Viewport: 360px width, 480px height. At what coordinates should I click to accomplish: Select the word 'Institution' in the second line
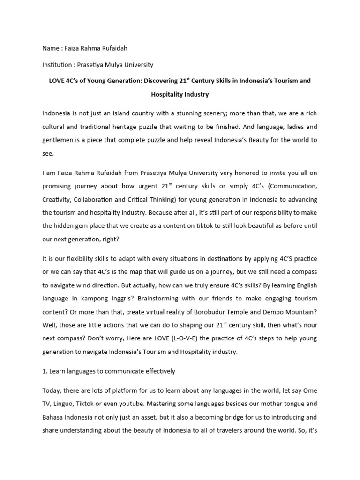click(x=58, y=65)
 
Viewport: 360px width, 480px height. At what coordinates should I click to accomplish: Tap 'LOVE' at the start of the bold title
click(x=58, y=81)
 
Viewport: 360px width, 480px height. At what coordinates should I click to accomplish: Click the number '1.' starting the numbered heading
click(x=45, y=371)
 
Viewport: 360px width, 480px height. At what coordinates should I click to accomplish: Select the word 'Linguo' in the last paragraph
click(x=66, y=404)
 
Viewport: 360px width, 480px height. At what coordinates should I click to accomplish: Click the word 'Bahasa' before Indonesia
click(x=54, y=417)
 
